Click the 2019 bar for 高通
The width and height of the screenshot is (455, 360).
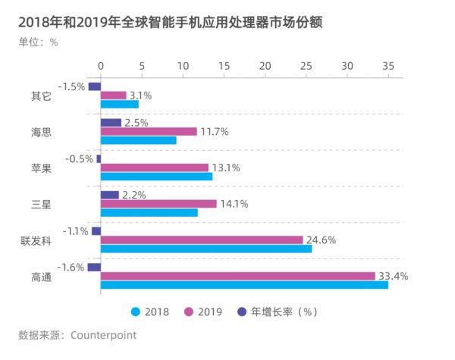237,276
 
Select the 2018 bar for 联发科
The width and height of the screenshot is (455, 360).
206,249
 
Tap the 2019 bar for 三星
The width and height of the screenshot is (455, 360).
158,204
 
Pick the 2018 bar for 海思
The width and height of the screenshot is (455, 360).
138,140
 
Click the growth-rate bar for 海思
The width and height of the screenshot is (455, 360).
111,122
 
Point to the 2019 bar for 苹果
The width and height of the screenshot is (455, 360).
154,167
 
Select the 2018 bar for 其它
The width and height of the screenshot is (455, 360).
119,104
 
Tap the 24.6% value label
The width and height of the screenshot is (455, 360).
321,240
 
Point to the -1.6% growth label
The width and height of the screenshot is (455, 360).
72,267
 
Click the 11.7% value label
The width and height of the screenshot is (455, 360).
215,131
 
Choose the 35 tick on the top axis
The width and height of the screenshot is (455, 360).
388,66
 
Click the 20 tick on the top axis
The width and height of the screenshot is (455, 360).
265,66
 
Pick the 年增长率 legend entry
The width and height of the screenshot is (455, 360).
276,311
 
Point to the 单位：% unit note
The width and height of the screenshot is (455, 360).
38,42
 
